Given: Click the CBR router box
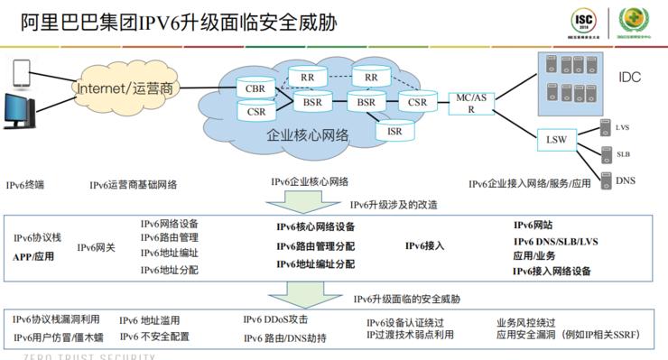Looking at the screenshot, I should pos(255,88).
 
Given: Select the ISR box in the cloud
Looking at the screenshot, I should pos(394,131).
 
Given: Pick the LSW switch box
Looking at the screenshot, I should pos(555,140).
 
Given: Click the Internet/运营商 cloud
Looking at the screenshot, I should pos(125,88).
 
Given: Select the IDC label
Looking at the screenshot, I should pos(629,78).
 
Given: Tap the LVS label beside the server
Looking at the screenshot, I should pos(622,128).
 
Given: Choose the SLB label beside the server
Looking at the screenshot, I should pos(623,154).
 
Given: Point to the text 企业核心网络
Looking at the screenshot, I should pos(307,134).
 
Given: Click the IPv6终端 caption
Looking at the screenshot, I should pos(24,184).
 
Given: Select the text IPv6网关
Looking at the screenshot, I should pos(96,247).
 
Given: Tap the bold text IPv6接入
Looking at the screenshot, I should pos(425,245).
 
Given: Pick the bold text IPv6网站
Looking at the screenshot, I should pos(533,225).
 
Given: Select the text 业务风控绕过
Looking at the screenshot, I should pos(525,322).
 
